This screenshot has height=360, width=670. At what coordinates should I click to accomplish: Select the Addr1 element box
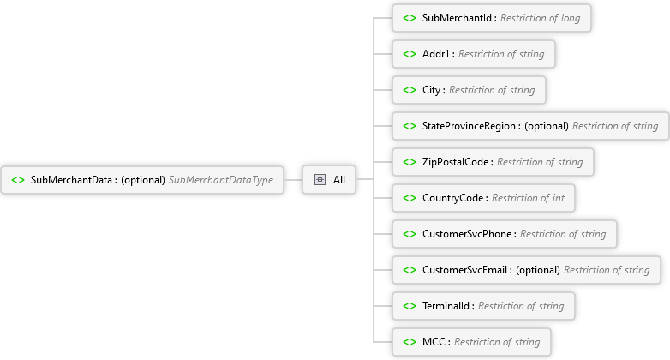tap(474, 54)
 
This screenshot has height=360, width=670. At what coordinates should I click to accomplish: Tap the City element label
tap(432, 90)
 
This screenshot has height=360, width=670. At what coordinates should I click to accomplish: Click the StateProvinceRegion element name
tap(470, 126)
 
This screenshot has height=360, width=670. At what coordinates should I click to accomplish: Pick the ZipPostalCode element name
tap(456, 162)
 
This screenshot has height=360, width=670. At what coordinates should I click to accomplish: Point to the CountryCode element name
tap(454, 198)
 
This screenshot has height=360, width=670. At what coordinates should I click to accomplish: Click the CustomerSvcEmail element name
tap(465, 270)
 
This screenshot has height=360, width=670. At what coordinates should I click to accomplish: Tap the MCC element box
tap(470, 342)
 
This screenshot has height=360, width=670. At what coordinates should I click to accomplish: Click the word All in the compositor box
tap(339, 180)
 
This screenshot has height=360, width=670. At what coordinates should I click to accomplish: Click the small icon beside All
tap(320, 180)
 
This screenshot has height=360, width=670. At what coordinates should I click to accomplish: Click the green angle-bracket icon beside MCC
tap(409, 342)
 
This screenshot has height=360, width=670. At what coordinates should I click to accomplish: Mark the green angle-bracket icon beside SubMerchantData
tap(17, 180)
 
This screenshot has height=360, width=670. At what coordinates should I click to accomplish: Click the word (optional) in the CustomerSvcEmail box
tap(538, 270)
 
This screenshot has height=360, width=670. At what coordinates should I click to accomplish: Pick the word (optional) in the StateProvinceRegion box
tap(547, 126)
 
